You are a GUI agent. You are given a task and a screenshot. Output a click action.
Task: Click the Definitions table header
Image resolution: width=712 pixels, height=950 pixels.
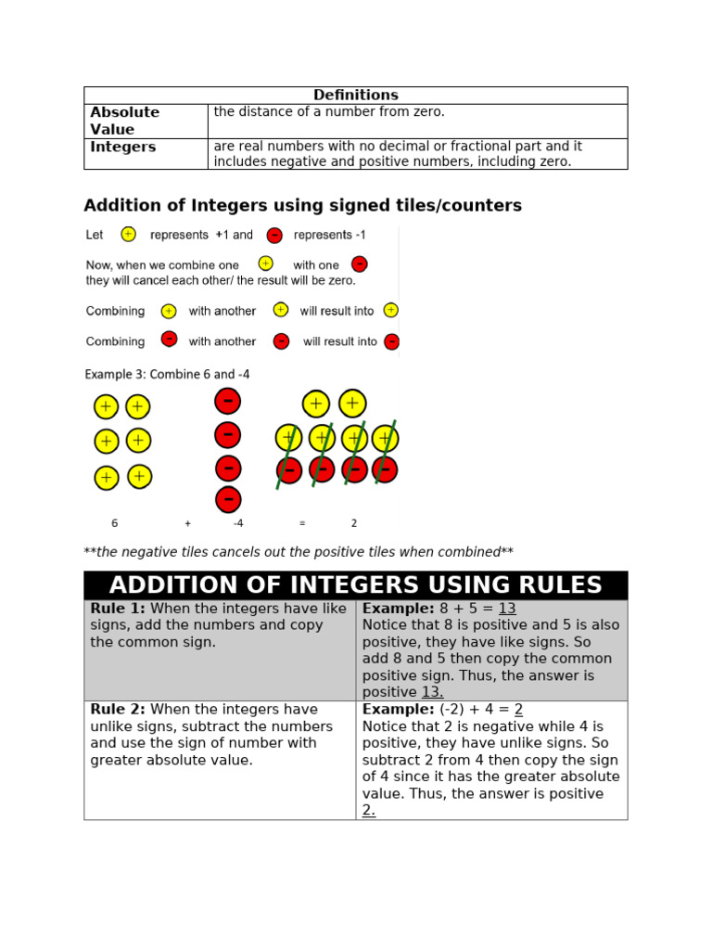click(355, 96)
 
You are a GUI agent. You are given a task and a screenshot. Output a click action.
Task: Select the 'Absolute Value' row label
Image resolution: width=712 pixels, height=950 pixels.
click(124, 121)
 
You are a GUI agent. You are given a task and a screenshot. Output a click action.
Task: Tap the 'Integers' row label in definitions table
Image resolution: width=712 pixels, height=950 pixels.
click(122, 148)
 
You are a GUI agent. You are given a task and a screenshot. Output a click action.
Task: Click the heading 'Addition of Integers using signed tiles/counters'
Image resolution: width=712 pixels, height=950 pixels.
click(302, 206)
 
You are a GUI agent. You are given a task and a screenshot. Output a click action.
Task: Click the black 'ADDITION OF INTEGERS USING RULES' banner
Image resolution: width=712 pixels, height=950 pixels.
click(355, 585)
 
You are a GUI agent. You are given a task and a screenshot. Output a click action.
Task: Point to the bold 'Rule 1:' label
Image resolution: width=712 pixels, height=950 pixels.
click(118, 609)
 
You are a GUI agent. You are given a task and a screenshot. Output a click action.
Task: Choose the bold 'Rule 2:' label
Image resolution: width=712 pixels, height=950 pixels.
click(118, 710)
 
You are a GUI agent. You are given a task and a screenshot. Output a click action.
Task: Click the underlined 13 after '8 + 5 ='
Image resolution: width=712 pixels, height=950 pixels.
click(507, 609)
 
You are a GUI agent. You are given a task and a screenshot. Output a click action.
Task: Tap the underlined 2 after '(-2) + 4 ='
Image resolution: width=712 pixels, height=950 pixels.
click(518, 710)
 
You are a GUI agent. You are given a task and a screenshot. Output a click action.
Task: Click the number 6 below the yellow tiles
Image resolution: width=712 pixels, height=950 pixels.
click(115, 523)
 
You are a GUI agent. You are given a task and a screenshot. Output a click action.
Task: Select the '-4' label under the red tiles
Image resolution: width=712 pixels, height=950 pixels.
click(237, 523)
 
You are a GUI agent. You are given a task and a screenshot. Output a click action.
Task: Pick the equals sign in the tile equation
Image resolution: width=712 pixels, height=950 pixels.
click(302, 523)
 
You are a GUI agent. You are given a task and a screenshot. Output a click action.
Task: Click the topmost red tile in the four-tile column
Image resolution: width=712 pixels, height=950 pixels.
click(228, 401)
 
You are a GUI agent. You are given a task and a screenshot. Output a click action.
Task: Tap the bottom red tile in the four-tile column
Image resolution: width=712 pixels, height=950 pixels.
click(228, 499)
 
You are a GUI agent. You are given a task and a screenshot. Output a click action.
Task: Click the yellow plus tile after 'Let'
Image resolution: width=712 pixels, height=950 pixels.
click(128, 235)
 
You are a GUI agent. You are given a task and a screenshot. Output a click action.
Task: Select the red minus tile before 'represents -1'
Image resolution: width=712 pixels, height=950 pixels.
click(274, 236)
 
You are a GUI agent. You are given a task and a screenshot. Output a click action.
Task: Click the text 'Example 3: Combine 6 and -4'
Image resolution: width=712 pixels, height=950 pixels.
click(167, 375)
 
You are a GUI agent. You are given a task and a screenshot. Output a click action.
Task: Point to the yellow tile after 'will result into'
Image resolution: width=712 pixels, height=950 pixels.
click(391, 310)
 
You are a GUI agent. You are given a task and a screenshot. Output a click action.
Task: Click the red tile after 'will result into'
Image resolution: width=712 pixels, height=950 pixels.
click(391, 341)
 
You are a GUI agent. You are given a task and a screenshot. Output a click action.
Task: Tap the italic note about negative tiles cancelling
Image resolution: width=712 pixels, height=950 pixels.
click(298, 552)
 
